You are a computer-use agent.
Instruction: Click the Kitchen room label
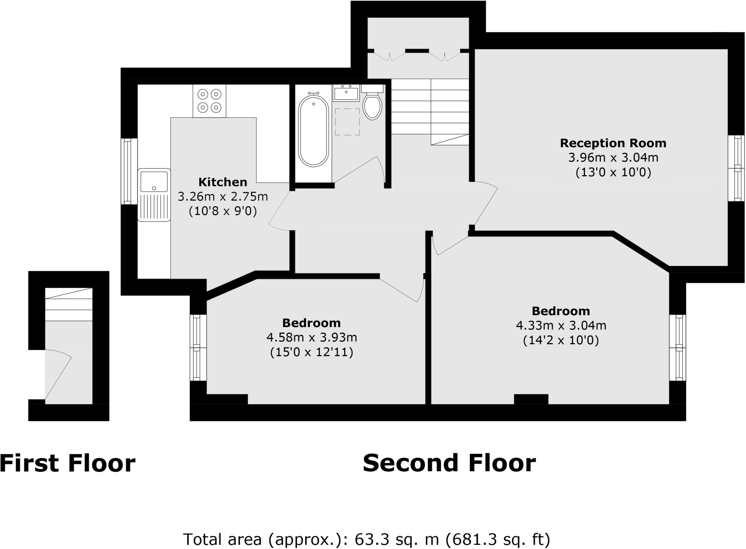coord(223,182)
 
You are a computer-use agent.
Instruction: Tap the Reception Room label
coord(613,143)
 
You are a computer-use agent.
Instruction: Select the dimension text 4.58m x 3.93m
coord(311,338)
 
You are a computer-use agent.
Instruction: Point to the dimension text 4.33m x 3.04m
coord(561,325)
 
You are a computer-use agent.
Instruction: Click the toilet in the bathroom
coord(372,106)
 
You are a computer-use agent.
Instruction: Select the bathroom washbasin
coord(346,93)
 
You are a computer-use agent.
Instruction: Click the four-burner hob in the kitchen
coord(209,101)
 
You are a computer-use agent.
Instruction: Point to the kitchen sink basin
coord(154,181)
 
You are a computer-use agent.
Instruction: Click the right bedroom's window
coord(678,348)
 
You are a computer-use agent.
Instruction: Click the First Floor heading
coord(67,463)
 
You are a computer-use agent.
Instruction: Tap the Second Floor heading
coord(449,463)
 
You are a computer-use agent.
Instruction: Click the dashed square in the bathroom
coord(347,122)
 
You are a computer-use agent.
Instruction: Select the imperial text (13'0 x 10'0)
coord(613,172)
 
